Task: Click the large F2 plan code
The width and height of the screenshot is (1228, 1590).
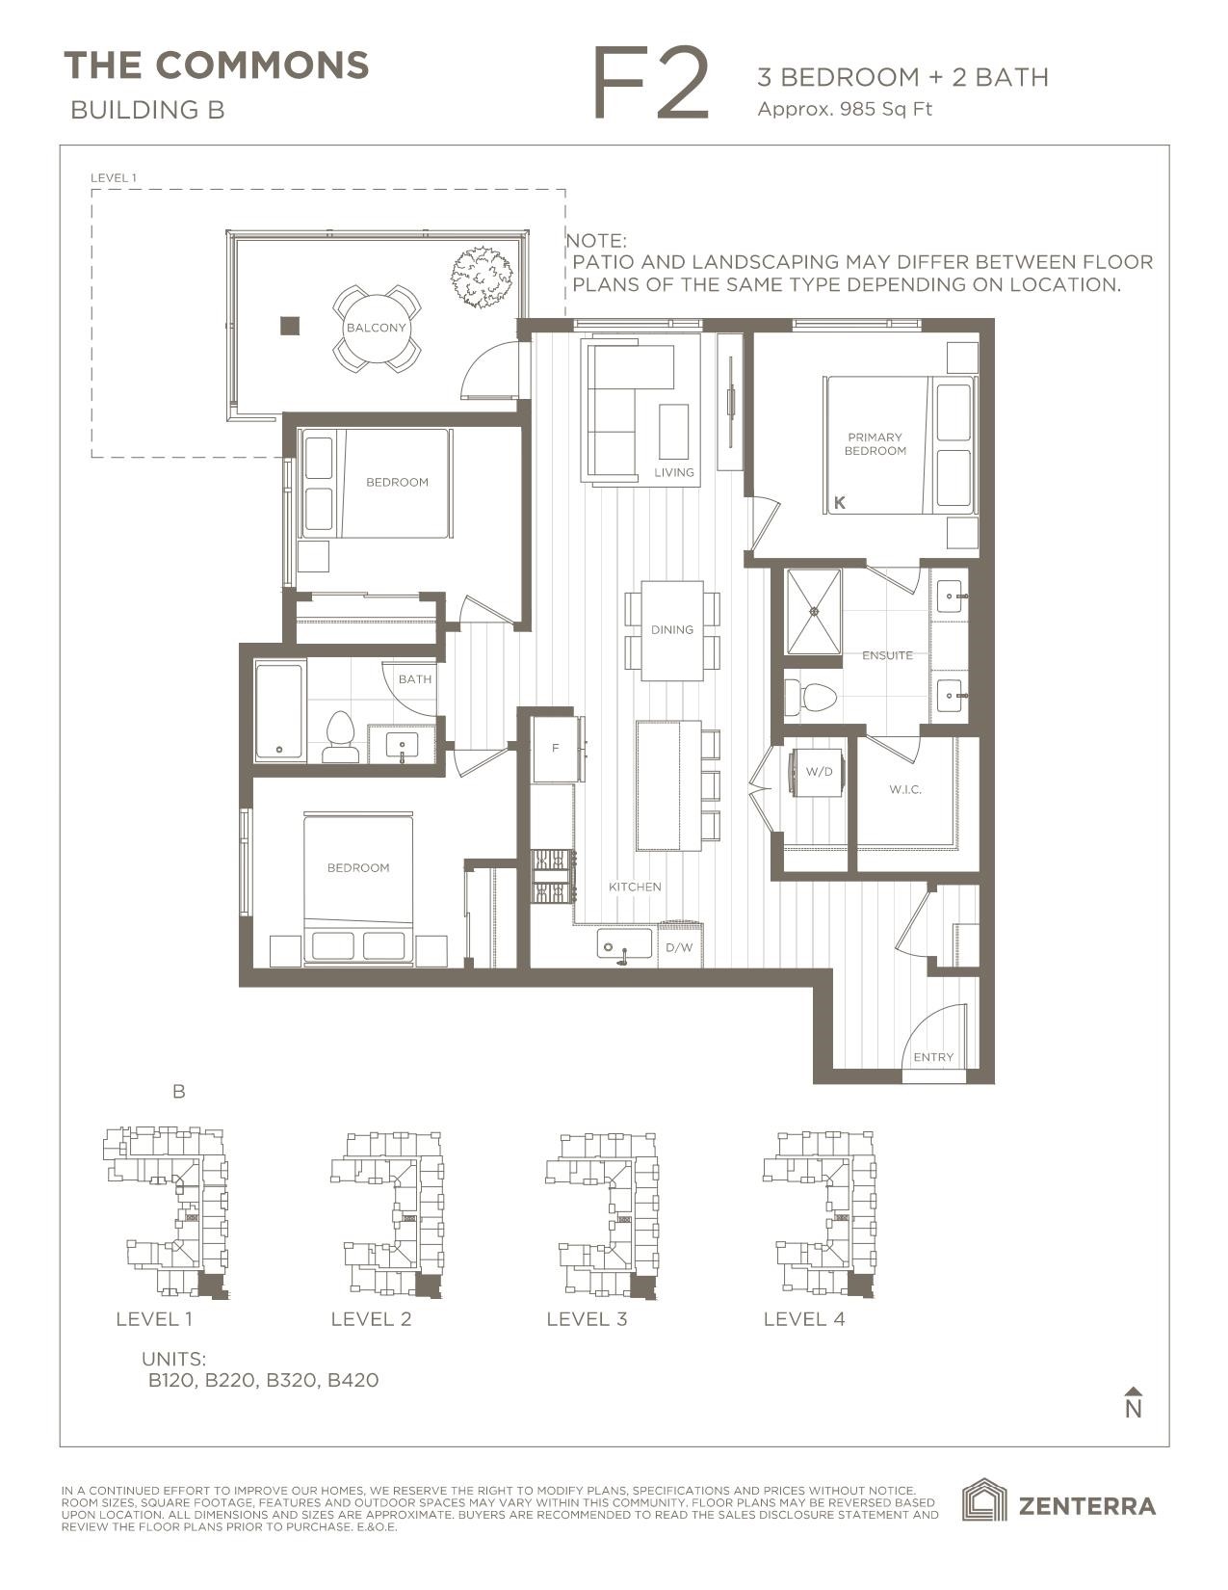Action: pos(651,85)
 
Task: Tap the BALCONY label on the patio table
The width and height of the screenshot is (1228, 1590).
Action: pos(377,328)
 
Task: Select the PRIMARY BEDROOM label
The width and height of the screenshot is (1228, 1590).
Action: pos(875,444)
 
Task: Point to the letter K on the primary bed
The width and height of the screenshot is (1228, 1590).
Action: pos(840,503)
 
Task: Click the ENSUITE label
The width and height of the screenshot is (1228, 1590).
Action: pos(887,655)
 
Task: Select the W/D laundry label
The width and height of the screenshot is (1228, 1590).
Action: pos(819,772)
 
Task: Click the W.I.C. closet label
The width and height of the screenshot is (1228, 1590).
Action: pos(905,789)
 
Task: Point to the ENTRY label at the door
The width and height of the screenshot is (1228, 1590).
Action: pos(932,1057)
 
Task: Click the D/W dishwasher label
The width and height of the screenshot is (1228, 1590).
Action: pos(679,947)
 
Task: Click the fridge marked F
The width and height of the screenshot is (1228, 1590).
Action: pos(556,749)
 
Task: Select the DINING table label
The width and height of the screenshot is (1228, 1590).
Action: pos(671,629)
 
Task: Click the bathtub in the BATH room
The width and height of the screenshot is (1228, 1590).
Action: pos(279,710)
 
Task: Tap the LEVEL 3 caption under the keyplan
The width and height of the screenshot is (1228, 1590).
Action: pos(587,1318)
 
